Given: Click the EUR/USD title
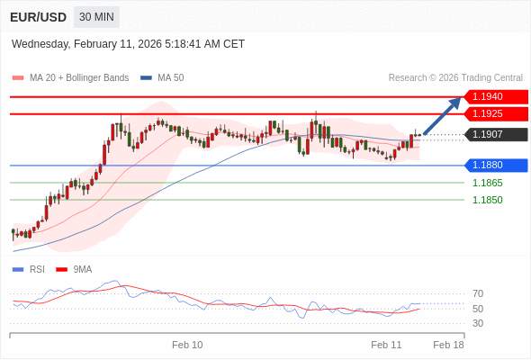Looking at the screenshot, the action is click(x=38, y=17).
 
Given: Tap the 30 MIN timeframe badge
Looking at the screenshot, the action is click(x=96, y=16).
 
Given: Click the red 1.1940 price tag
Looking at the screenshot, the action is click(x=496, y=97).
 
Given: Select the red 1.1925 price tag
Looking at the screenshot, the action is click(x=496, y=113).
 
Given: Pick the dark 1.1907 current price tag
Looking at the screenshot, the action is click(x=496, y=134).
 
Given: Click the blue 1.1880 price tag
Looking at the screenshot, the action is click(x=496, y=166).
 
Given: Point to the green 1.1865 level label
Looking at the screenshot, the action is click(x=487, y=183).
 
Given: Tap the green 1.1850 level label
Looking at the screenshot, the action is click(x=487, y=200).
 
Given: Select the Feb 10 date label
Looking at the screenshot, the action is click(x=187, y=345).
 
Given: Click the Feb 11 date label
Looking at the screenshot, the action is click(x=386, y=345).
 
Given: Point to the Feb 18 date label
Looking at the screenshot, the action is click(x=448, y=345).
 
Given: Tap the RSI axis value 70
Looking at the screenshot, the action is click(x=478, y=293).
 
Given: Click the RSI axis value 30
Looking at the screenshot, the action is click(x=478, y=323).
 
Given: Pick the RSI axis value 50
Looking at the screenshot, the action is click(x=478, y=309).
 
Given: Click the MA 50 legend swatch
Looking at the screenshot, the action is click(x=146, y=78).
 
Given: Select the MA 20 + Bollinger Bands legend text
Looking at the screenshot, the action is click(x=79, y=78).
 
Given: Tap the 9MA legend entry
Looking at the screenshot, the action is click(x=74, y=270).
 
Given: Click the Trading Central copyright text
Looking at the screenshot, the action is click(x=455, y=78).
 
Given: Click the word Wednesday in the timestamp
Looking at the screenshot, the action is click(x=40, y=44).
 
